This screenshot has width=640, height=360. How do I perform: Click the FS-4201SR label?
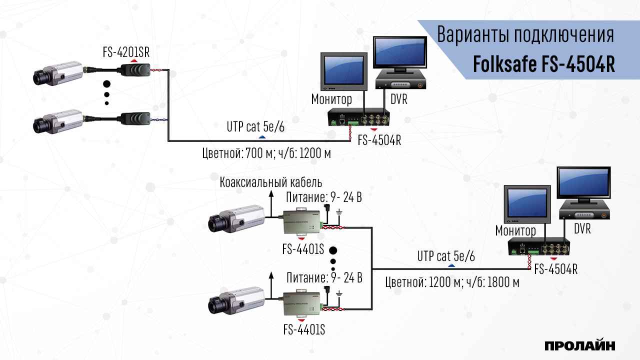pyautogui.click(x=126, y=52)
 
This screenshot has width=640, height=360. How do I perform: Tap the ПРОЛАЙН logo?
pyautogui.click(x=579, y=345)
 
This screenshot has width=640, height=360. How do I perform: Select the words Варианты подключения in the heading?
pyautogui.click(x=525, y=36)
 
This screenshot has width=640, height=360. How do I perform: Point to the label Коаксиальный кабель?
pyautogui.click(x=270, y=182)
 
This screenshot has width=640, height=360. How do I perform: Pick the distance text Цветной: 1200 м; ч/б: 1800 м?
pyautogui.click(x=452, y=282)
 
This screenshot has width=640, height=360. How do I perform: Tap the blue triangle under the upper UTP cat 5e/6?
pyautogui.click(x=261, y=136)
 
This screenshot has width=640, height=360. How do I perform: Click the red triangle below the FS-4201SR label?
pyautogui.click(x=134, y=60)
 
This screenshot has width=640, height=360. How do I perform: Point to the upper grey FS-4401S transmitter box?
pyautogui.click(x=302, y=222)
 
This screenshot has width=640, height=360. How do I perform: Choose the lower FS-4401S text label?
pyautogui.click(x=304, y=330)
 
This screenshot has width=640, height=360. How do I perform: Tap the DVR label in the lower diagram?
pyautogui.click(x=582, y=229)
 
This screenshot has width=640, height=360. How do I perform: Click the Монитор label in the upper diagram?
pyautogui.click(x=331, y=99)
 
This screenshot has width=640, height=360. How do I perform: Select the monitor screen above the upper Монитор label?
pyautogui.click(x=342, y=70)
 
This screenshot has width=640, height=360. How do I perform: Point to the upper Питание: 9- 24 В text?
pyautogui.click(x=323, y=197)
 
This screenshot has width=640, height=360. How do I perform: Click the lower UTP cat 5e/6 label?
pyautogui.click(x=446, y=257)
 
